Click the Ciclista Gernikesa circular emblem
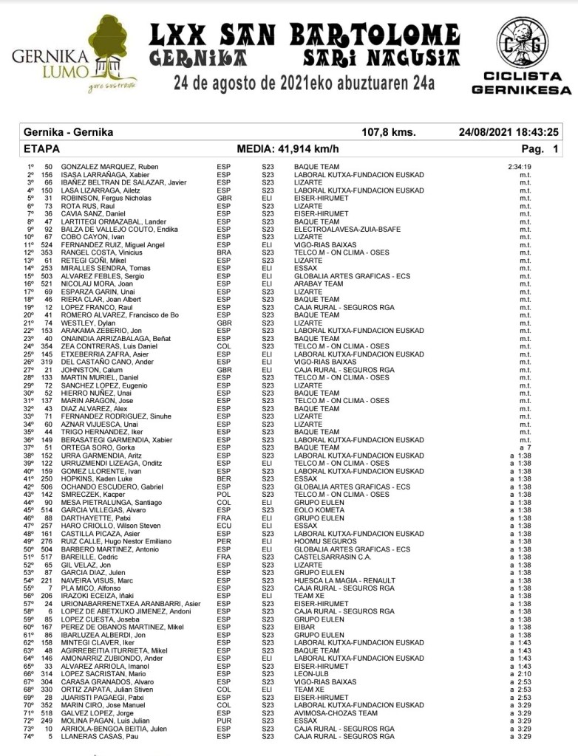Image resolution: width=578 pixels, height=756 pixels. click(x=520, y=43)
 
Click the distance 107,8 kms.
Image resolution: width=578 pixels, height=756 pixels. click(x=388, y=133)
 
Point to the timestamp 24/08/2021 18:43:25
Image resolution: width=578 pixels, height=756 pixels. click(x=508, y=133)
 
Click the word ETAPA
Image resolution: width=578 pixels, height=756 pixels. click(x=42, y=148)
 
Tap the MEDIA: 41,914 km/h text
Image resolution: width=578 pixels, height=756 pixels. click(x=288, y=148)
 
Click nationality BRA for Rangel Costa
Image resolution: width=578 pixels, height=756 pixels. click(x=223, y=252)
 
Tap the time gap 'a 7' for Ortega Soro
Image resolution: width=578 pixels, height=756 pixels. click(x=526, y=447)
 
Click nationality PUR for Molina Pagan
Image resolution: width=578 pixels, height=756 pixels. click(x=223, y=721)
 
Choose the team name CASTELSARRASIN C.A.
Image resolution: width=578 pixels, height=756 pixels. click(x=332, y=557)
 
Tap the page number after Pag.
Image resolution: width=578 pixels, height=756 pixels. click(x=554, y=148)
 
